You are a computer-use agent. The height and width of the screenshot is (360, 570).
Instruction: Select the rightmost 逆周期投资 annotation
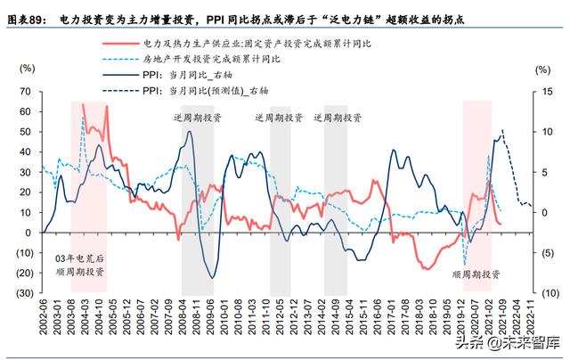[338, 117]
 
